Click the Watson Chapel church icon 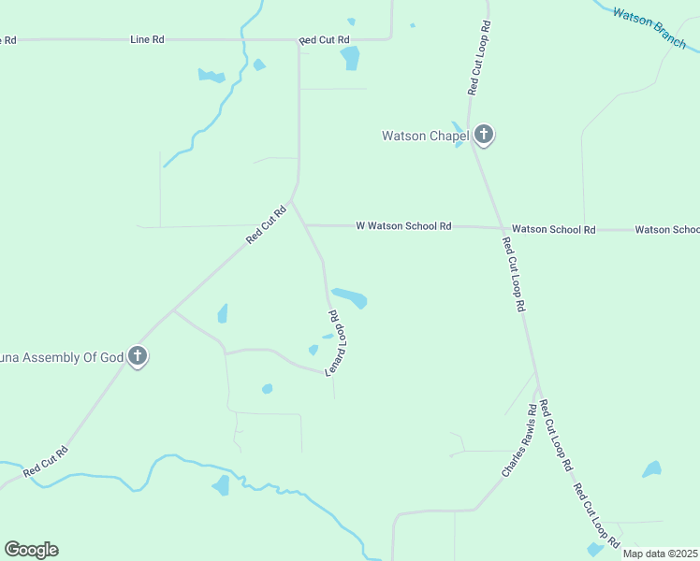(x=483, y=135)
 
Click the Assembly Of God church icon (x=138, y=355)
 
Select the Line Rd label (x=147, y=40)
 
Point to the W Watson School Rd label (x=403, y=226)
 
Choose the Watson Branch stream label (x=649, y=29)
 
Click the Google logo (x=31, y=550)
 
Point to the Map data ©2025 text (x=659, y=554)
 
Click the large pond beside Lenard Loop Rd (x=350, y=297)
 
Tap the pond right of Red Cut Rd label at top (x=350, y=59)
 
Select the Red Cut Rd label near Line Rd (x=324, y=40)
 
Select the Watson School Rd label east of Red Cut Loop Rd (x=553, y=229)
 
